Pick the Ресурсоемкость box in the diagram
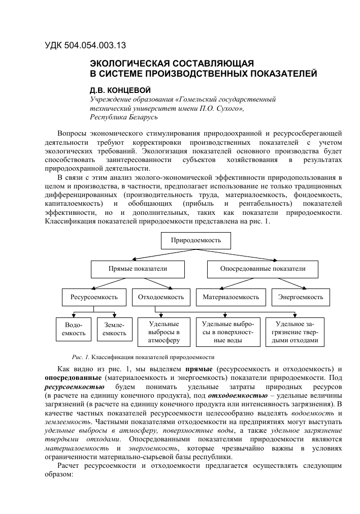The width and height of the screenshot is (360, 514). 94,297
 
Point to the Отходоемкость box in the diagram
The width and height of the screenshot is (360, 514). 157,297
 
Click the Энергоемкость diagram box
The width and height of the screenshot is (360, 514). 298,297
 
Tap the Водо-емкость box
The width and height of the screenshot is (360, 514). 71,328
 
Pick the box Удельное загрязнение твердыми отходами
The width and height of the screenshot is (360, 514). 294,332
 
